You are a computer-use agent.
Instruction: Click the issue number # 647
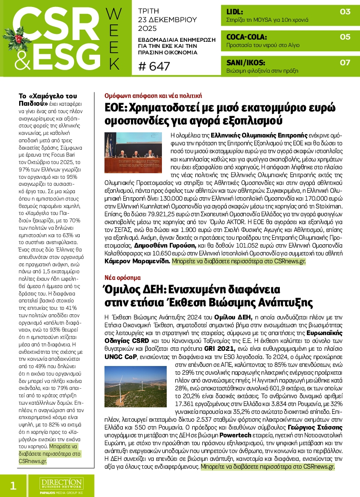154,67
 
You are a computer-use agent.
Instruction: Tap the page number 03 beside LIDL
345,12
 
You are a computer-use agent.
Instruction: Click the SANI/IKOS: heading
246,62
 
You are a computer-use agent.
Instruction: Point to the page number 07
345,62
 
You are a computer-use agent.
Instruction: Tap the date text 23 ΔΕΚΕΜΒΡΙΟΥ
167,20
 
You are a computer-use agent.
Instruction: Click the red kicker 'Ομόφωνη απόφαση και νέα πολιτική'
153,94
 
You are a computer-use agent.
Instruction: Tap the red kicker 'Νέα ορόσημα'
123,277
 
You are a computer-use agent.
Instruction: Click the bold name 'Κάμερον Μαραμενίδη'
137,262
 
